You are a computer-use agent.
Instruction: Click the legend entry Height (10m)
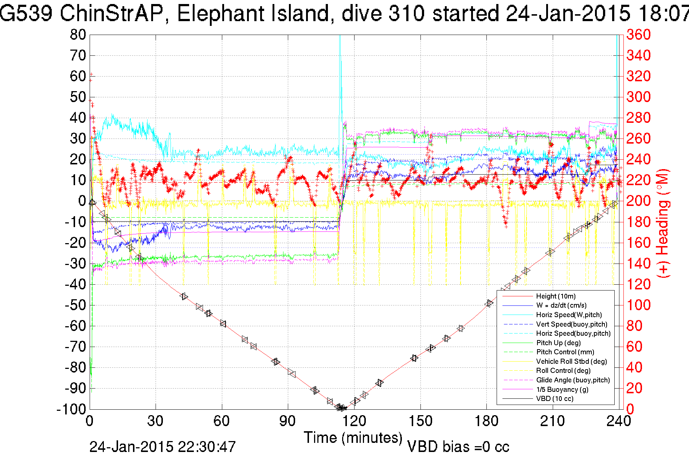(556, 296)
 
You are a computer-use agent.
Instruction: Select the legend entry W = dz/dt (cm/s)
(561, 305)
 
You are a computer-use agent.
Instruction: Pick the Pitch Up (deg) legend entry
(558, 343)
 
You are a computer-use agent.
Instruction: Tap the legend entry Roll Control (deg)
(563, 371)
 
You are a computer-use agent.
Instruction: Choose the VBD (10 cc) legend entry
(555, 399)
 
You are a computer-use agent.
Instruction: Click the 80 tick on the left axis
(78, 35)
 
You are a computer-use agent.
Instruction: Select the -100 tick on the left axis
(71, 409)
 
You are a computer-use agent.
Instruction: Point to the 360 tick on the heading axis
(638, 35)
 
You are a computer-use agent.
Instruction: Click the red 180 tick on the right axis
(638, 222)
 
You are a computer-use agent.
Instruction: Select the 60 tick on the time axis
(222, 421)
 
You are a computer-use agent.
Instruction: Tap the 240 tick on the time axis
(618, 421)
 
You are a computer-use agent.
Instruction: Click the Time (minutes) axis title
(353, 438)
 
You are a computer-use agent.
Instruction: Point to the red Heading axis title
(663, 223)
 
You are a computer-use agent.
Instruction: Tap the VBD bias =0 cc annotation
(458, 447)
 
